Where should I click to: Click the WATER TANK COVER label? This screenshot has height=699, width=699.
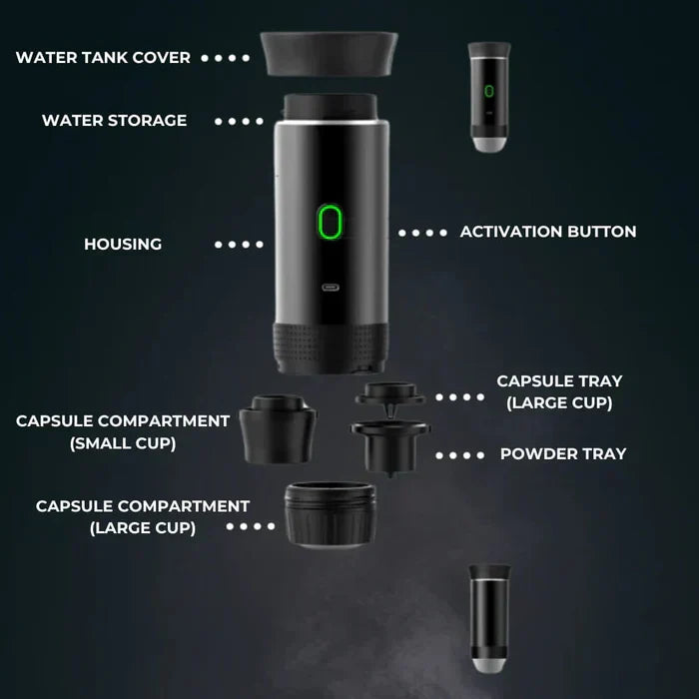coord(103,58)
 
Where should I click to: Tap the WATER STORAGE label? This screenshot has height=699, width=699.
coord(114,121)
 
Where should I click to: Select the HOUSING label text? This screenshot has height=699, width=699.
coord(123,245)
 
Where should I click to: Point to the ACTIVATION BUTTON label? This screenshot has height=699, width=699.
coord(547,232)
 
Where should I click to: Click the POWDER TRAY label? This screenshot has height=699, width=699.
coord(563,454)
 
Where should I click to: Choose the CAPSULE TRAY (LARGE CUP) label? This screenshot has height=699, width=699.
coord(559,392)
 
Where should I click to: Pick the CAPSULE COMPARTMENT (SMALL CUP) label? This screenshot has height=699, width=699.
coord(123,432)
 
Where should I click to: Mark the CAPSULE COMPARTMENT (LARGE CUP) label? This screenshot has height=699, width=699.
coord(143,516)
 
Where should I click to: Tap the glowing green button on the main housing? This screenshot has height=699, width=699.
coord(330,222)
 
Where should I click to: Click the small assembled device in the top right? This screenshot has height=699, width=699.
coord(488,98)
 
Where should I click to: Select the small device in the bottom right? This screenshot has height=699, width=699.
coord(489,617)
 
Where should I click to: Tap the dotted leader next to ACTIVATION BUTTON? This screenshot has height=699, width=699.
coord(422,233)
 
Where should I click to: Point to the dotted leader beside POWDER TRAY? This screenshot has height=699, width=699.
coord(459,455)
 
